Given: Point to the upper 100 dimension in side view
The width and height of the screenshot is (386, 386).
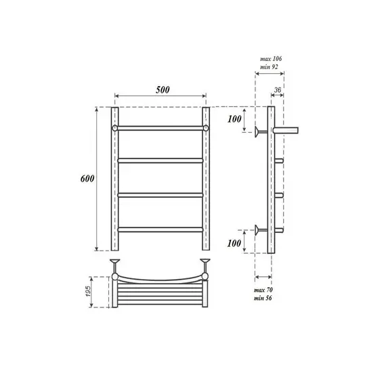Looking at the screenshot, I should click(234, 120).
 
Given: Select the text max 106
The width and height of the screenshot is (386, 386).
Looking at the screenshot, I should click(270, 59).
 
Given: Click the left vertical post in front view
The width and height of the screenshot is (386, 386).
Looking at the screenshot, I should click(115, 179).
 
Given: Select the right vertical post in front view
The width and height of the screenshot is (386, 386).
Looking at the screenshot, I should click(207, 179).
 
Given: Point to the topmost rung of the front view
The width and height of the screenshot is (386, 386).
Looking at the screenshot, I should click(160, 127).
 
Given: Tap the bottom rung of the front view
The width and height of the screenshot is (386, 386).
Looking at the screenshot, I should click(160, 230).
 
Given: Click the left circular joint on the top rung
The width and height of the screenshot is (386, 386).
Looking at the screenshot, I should click(115, 127).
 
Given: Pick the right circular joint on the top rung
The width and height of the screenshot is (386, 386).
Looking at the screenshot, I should click(207, 127).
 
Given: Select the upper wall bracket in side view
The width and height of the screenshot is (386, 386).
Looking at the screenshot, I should click(261, 131).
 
